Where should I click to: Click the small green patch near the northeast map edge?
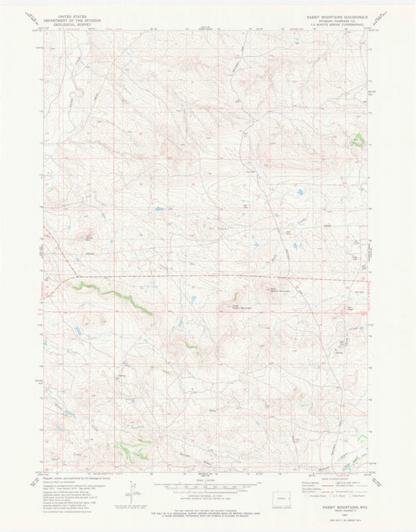tap(358, 141)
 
